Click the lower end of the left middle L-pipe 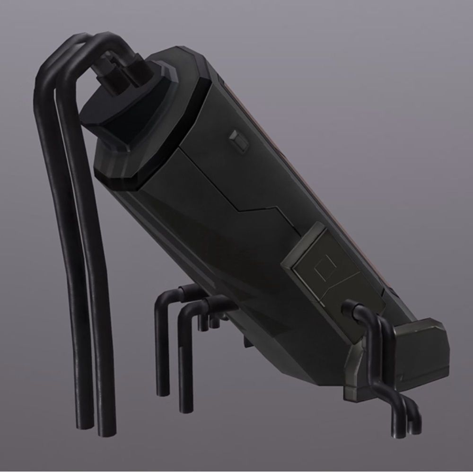pyautogui.click(x=164, y=390)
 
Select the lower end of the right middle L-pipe pyautogui.click(x=186, y=407)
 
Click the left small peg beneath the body pyautogui.click(x=203, y=324)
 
